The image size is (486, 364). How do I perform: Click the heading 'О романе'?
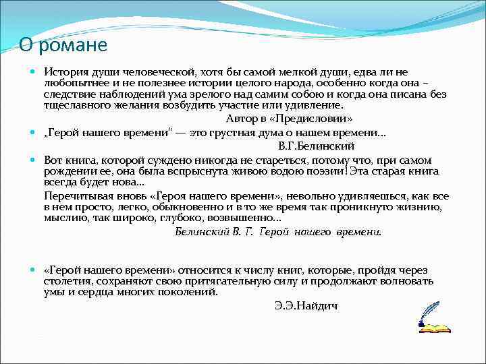coord(63,45)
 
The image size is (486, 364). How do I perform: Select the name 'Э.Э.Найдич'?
coord(306,305)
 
